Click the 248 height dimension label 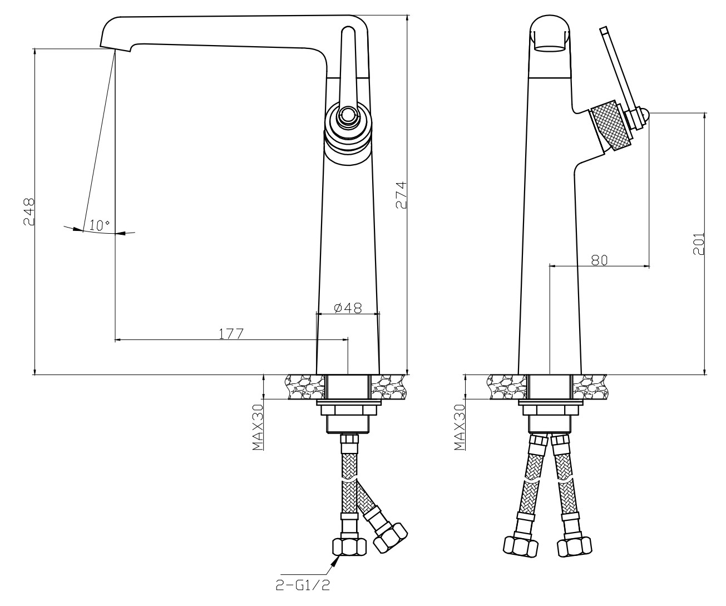[29, 212]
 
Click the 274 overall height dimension [401, 195]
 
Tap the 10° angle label [100, 226]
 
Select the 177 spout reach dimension [231, 334]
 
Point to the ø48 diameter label [348, 308]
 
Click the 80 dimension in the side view [600, 260]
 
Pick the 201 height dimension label [699, 244]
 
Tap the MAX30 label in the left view [258, 427]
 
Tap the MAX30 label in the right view [460, 427]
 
